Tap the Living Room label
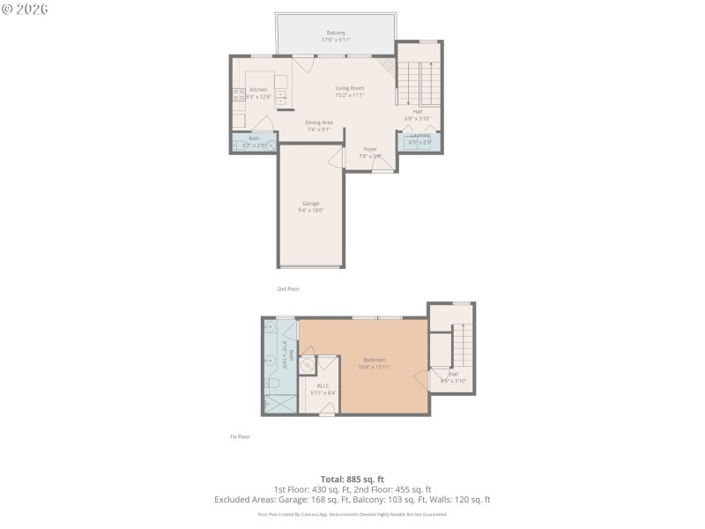pos(350,88)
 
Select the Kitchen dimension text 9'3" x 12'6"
pos(259,96)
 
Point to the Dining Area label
pos(318,123)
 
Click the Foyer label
pos(370,149)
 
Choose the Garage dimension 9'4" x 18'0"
pos(311,211)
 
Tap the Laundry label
pos(419,135)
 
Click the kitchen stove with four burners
pos(238,95)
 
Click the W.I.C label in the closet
pos(323,384)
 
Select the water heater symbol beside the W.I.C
pos(308,368)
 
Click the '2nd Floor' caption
pos(288,288)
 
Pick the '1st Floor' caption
pos(240,436)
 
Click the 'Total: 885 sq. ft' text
pos(352,479)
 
